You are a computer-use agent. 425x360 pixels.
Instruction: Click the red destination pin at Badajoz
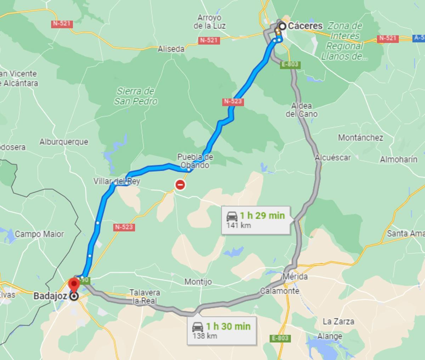pyautogui.click(x=74, y=285)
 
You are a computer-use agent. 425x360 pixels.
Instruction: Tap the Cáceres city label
pyautogui.click(x=305, y=26)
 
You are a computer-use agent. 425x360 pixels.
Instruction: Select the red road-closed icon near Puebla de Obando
pyautogui.click(x=180, y=184)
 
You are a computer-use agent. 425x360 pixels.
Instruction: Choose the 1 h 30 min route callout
pyautogui.click(x=222, y=330)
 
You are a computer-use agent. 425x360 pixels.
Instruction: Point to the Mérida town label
pyautogui.click(x=295, y=276)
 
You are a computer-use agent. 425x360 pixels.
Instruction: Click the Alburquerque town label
pyautogui.click(x=64, y=142)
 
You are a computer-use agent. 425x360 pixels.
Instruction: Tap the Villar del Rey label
pyautogui.click(x=117, y=181)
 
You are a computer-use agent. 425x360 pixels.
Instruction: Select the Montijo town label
pyautogui.click(x=198, y=282)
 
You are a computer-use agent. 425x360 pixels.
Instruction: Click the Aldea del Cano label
pyautogui.click(x=302, y=110)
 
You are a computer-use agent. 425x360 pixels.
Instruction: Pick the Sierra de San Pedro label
pyautogui.click(x=136, y=96)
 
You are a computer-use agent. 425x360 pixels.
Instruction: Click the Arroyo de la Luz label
pyautogui.click(x=209, y=22)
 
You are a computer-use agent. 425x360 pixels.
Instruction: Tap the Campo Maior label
pyautogui.click(x=39, y=234)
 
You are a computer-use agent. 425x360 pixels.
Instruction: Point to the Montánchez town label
pyautogui.click(x=360, y=137)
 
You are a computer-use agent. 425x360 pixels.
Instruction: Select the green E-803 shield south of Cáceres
pyautogui.click(x=290, y=65)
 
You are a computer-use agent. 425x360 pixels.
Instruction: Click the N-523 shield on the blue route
pyautogui.click(x=233, y=102)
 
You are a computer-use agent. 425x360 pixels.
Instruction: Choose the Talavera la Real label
pyautogui.click(x=144, y=297)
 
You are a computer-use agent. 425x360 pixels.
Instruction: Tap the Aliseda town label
pyautogui.click(x=171, y=49)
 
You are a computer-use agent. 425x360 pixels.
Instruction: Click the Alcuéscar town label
pyautogui.click(x=333, y=158)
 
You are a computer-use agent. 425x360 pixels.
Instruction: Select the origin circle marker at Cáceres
pyautogui.click(x=282, y=26)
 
